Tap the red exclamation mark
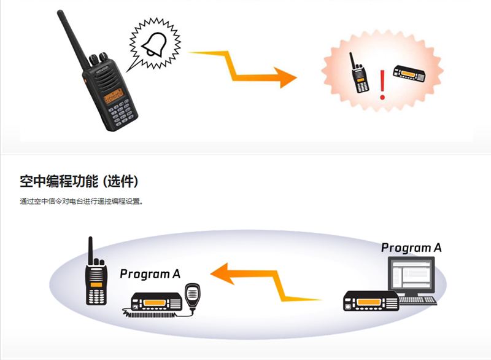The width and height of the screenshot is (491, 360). pyautogui.click(x=382, y=85)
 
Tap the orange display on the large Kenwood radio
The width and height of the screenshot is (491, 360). pyautogui.click(x=113, y=96)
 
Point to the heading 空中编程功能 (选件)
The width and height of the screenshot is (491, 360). pyautogui.click(x=79, y=182)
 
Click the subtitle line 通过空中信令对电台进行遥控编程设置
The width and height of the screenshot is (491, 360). pyautogui.click(x=80, y=202)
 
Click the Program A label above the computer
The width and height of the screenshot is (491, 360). pyautogui.click(x=411, y=248)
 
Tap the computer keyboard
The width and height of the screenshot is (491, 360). pyautogui.click(x=417, y=300)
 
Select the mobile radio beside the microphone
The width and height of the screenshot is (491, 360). pyautogui.click(x=157, y=302)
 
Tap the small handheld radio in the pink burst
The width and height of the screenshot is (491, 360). pyautogui.click(x=360, y=75)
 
